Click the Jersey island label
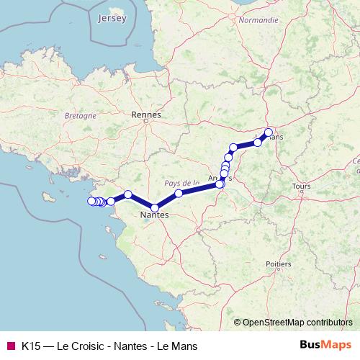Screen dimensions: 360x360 click(114, 17)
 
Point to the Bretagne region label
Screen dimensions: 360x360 click(81, 115)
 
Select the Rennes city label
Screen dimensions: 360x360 click(146, 114)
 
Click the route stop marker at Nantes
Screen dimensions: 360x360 click(155, 208)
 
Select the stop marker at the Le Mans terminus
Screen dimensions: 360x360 click(269, 132)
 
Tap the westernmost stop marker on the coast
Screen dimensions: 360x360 click(91, 201)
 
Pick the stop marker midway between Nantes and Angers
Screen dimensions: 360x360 click(179, 194)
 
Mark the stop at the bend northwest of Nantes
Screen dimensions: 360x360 click(127, 194)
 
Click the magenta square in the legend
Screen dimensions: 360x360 click(9, 346)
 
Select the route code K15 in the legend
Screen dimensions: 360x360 click(30, 346)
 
